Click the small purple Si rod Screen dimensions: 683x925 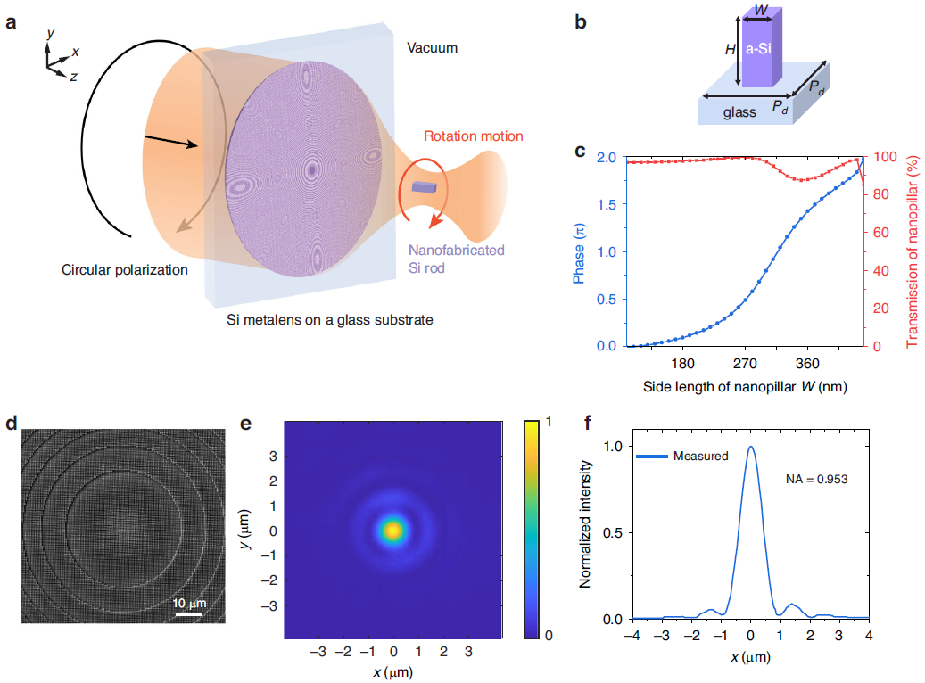[423, 188]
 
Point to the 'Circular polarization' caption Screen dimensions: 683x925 [125, 269]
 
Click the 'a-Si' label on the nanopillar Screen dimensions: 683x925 [758, 52]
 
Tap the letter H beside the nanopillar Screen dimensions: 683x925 [730, 51]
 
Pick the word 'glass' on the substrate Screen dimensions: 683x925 [740, 112]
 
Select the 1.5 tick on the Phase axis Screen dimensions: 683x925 [606, 204]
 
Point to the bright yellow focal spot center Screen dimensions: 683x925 [392, 531]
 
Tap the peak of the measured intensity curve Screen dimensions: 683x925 [750, 448]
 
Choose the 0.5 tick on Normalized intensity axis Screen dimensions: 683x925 [615, 532]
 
